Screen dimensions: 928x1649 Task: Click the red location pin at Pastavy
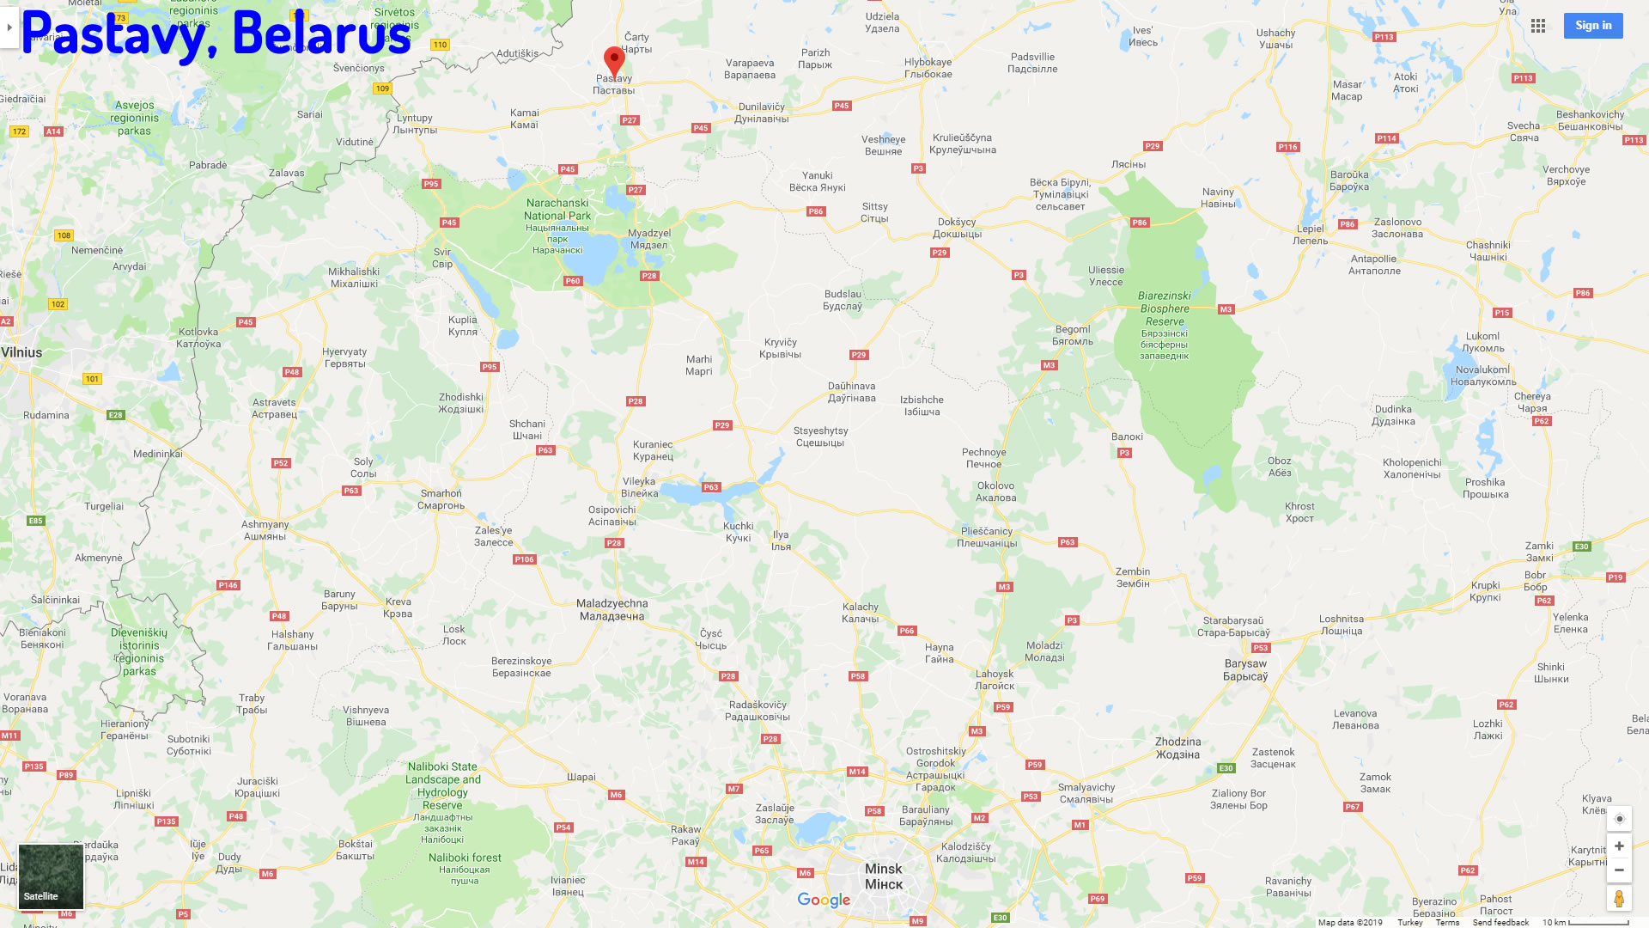tap(614, 60)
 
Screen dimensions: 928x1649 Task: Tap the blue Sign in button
tap(1592, 26)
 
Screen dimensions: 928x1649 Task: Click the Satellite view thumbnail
tap(51, 876)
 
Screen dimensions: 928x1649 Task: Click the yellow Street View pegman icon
tap(1619, 899)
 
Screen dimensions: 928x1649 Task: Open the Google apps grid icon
tap(1538, 26)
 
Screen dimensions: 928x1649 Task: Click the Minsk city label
tap(884, 876)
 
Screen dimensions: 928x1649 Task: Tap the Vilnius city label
tap(21, 352)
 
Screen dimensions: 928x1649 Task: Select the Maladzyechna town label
tap(612, 609)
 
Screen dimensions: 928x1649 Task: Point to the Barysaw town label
tap(1245, 669)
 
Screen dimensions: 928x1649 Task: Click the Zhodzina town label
tap(1177, 748)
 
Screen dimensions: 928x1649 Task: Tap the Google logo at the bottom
tap(824, 900)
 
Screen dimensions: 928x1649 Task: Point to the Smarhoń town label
tap(441, 499)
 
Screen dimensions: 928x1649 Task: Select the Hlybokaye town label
tap(928, 68)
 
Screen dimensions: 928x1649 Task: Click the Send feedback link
tap(1500, 922)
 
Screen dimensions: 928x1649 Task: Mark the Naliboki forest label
tap(465, 863)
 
